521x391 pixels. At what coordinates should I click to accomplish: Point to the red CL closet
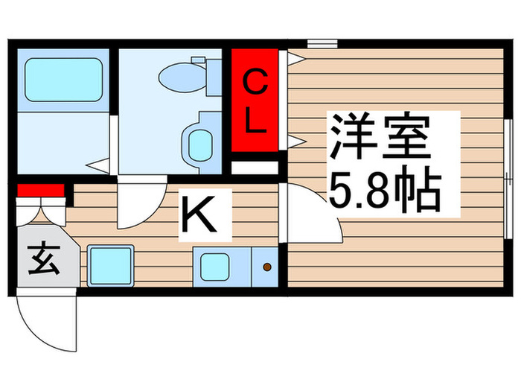pyautogui.click(x=255, y=101)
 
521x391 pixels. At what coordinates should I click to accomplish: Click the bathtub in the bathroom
pyautogui.click(x=64, y=80)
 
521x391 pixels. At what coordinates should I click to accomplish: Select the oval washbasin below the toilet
pyautogui.click(x=199, y=142)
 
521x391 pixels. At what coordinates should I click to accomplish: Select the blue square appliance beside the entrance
pyautogui.click(x=111, y=264)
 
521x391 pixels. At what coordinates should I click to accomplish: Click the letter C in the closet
pyautogui.click(x=255, y=82)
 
